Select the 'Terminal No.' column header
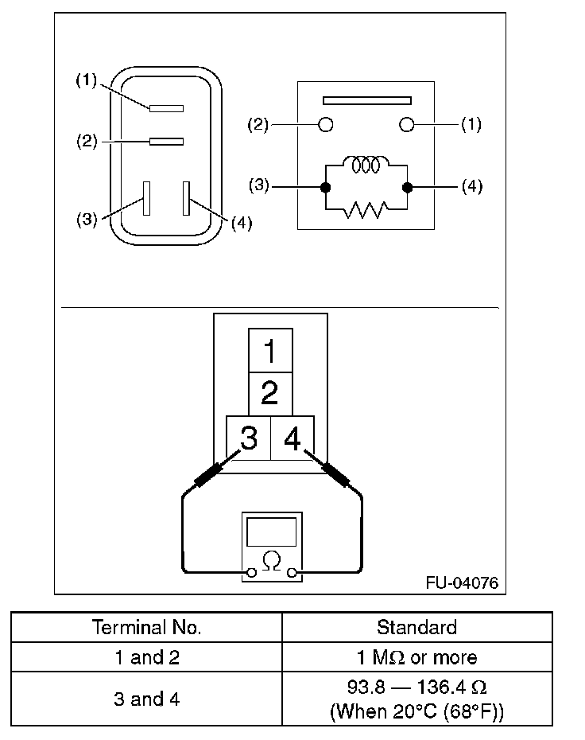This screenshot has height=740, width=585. click(147, 627)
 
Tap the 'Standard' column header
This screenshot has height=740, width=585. click(416, 627)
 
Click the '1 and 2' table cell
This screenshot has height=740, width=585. click(147, 657)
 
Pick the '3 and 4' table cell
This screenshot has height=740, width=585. click(147, 699)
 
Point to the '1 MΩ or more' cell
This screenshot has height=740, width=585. click(416, 657)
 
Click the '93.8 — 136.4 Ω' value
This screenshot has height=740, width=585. click(416, 686)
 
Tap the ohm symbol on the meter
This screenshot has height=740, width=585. click(271, 562)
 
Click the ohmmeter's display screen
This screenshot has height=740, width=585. click(271, 531)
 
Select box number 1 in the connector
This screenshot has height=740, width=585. click(270, 350)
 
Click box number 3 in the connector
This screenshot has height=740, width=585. click(249, 438)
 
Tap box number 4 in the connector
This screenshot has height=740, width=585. click(292, 438)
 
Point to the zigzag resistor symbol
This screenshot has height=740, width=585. click(366, 209)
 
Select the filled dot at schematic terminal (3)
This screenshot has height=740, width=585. click(324, 188)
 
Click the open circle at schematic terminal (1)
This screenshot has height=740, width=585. click(407, 124)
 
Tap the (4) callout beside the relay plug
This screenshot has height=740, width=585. click(241, 224)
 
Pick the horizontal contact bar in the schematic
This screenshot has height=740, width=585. click(366, 101)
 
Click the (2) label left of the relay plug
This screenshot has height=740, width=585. click(87, 142)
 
